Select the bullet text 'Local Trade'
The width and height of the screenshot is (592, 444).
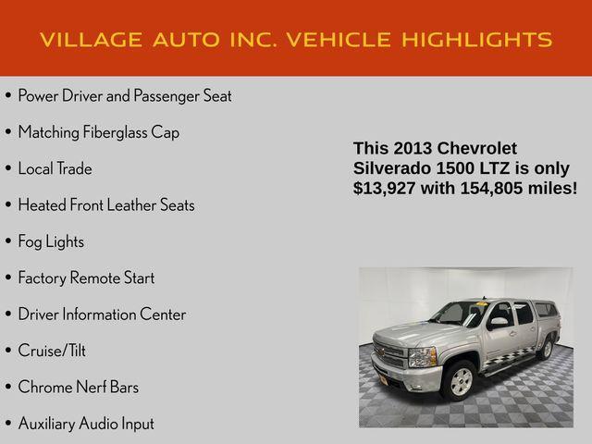tap(55, 168)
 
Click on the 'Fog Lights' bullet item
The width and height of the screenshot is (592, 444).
tap(51, 241)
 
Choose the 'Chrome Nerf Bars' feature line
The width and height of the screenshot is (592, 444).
tap(78, 388)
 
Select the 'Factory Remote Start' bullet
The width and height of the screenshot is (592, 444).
tap(86, 277)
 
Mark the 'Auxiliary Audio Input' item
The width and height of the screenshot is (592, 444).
tap(86, 424)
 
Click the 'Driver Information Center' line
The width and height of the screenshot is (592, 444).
tap(102, 314)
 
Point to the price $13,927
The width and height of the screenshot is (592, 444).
tap(385, 188)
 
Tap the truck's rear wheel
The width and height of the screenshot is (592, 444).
tap(546, 349)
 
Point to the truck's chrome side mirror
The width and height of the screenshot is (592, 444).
tap(499, 324)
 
